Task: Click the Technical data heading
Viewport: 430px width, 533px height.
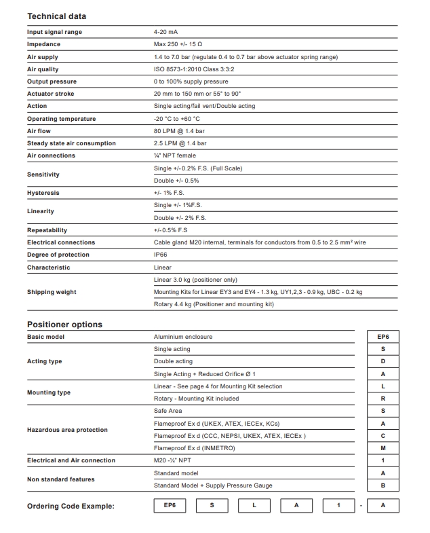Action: (56, 16)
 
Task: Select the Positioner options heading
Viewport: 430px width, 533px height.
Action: (64, 324)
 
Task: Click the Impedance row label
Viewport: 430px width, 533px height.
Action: (43, 44)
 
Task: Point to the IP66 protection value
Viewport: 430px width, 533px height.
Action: (161, 255)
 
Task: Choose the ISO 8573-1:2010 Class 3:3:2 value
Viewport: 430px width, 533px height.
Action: (195, 69)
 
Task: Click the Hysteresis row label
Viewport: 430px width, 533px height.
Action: (43, 193)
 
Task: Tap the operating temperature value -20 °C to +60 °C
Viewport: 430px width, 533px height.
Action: (177, 119)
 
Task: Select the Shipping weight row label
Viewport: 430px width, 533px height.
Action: (52, 292)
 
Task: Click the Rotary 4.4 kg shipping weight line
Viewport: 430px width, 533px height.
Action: (214, 304)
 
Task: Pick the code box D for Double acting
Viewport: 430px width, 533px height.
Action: (383, 361)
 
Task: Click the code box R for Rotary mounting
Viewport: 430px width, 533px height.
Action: (383, 399)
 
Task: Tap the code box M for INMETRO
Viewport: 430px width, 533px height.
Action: (383, 448)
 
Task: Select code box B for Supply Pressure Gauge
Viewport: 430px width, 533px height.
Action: (383, 485)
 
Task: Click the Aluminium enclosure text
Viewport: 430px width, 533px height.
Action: (183, 337)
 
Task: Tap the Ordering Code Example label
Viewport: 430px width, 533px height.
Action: (71, 507)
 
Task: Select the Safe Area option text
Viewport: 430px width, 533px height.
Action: (168, 411)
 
